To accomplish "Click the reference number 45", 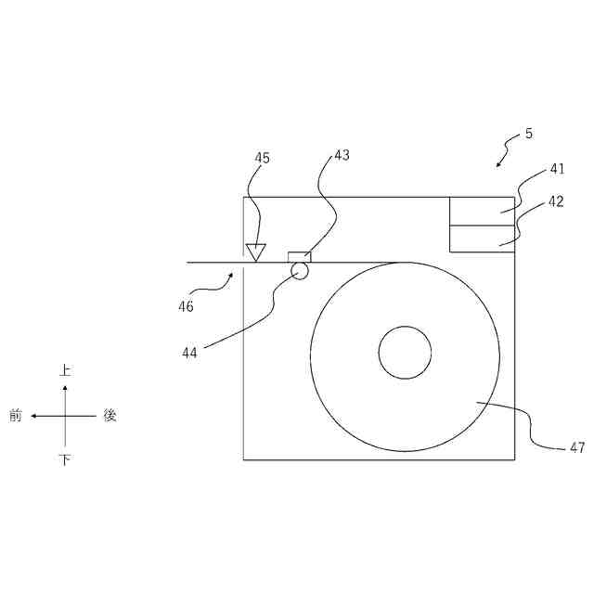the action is tap(263, 158).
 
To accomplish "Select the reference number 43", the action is tap(342, 155).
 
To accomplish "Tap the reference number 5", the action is tap(529, 134).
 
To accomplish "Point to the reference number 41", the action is tap(557, 169).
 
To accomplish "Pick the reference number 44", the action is tap(189, 353).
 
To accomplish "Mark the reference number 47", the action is tap(576, 447).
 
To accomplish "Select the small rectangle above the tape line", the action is tap(299, 256).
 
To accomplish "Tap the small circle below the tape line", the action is tap(299, 270).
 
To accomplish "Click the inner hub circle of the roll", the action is tap(405, 353).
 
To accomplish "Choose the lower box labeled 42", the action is tap(482, 239).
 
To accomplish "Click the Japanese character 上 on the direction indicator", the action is tap(65, 370).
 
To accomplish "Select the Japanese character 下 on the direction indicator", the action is tap(65, 460).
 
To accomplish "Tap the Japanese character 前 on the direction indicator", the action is tap(16, 416).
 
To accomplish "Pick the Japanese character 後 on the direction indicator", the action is tap(110, 416).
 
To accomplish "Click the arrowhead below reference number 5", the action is tap(498, 164).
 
